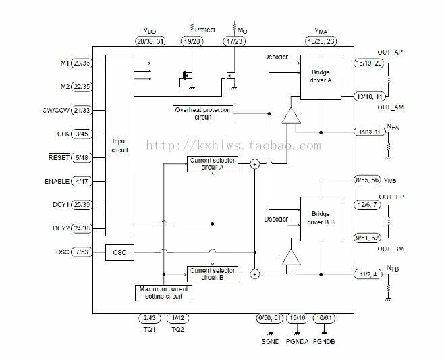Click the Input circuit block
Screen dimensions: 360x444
[x=120, y=145]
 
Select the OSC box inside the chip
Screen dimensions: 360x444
[x=120, y=253]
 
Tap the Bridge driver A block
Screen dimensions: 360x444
[x=321, y=76]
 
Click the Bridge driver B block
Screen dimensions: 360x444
[x=321, y=217]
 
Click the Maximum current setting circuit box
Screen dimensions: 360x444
[x=163, y=292]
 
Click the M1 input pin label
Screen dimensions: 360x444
[x=65, y=63]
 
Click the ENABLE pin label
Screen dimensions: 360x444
[x=56, y=182]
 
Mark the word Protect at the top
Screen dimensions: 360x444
[x=204, y=30]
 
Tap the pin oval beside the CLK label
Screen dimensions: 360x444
[x=90, y=134]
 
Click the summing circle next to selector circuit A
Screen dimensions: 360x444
[x=255, y=163]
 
